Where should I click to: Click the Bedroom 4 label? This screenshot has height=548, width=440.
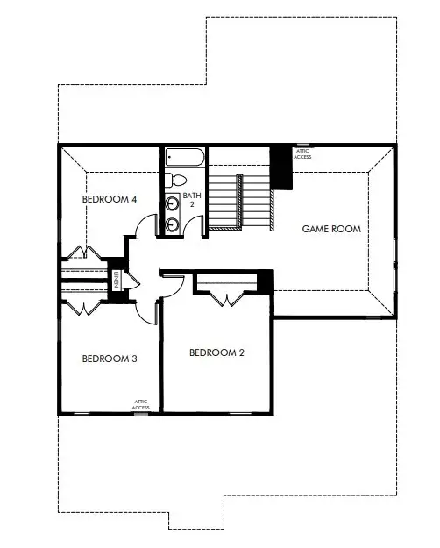[x=110, y=199]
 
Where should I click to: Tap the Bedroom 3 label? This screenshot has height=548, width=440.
[x=110, y=359]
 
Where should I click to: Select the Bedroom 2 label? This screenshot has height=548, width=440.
[x=216, y=352]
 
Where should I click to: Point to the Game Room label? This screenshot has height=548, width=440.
[x=331, y=229]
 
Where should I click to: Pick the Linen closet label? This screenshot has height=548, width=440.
[x=116, y=280]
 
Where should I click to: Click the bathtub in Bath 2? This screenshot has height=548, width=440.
[x=184, y=159]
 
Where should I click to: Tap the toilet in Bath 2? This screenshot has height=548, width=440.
[x=170, y=180]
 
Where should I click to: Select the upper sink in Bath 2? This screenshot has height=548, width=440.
[x=173, y=203]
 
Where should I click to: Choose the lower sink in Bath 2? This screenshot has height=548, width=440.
[x=173, y=224]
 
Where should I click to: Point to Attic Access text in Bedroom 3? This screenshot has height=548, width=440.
[x=140, y=404]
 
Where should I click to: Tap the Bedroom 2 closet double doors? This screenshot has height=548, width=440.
[x=228, y=296]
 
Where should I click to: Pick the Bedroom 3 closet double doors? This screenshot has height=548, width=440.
[x=81, y=307]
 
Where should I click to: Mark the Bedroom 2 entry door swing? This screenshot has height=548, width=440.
[x=174, y=282]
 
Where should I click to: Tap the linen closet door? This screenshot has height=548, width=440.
[x=130, y=280]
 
